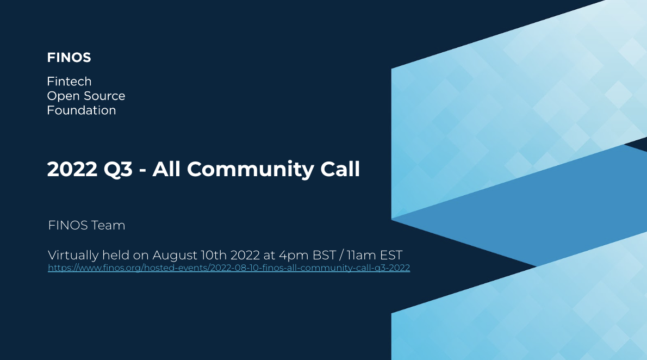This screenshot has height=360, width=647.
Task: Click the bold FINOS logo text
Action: [69, 58]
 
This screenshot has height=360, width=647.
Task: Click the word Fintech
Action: [70, 82]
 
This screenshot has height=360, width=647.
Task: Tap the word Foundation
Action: [82, 110]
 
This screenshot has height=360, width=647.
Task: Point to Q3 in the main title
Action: [118, 169]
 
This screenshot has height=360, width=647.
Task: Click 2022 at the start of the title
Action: [72, 169]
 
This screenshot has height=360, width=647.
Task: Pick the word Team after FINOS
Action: [108, 226]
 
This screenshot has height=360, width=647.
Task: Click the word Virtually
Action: [73, 256]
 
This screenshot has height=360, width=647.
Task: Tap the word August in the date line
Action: [175, 256]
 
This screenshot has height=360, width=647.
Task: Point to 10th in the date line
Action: [214, 255]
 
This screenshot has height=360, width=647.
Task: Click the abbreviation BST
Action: [325, 255]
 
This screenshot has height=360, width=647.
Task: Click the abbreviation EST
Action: [391, 255]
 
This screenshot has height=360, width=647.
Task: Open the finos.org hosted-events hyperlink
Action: [229, 268]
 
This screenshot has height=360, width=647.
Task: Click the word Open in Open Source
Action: [61, 96]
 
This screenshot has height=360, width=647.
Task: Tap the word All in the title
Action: [167, 169]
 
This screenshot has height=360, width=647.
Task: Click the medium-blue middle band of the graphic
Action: [537, 207]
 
